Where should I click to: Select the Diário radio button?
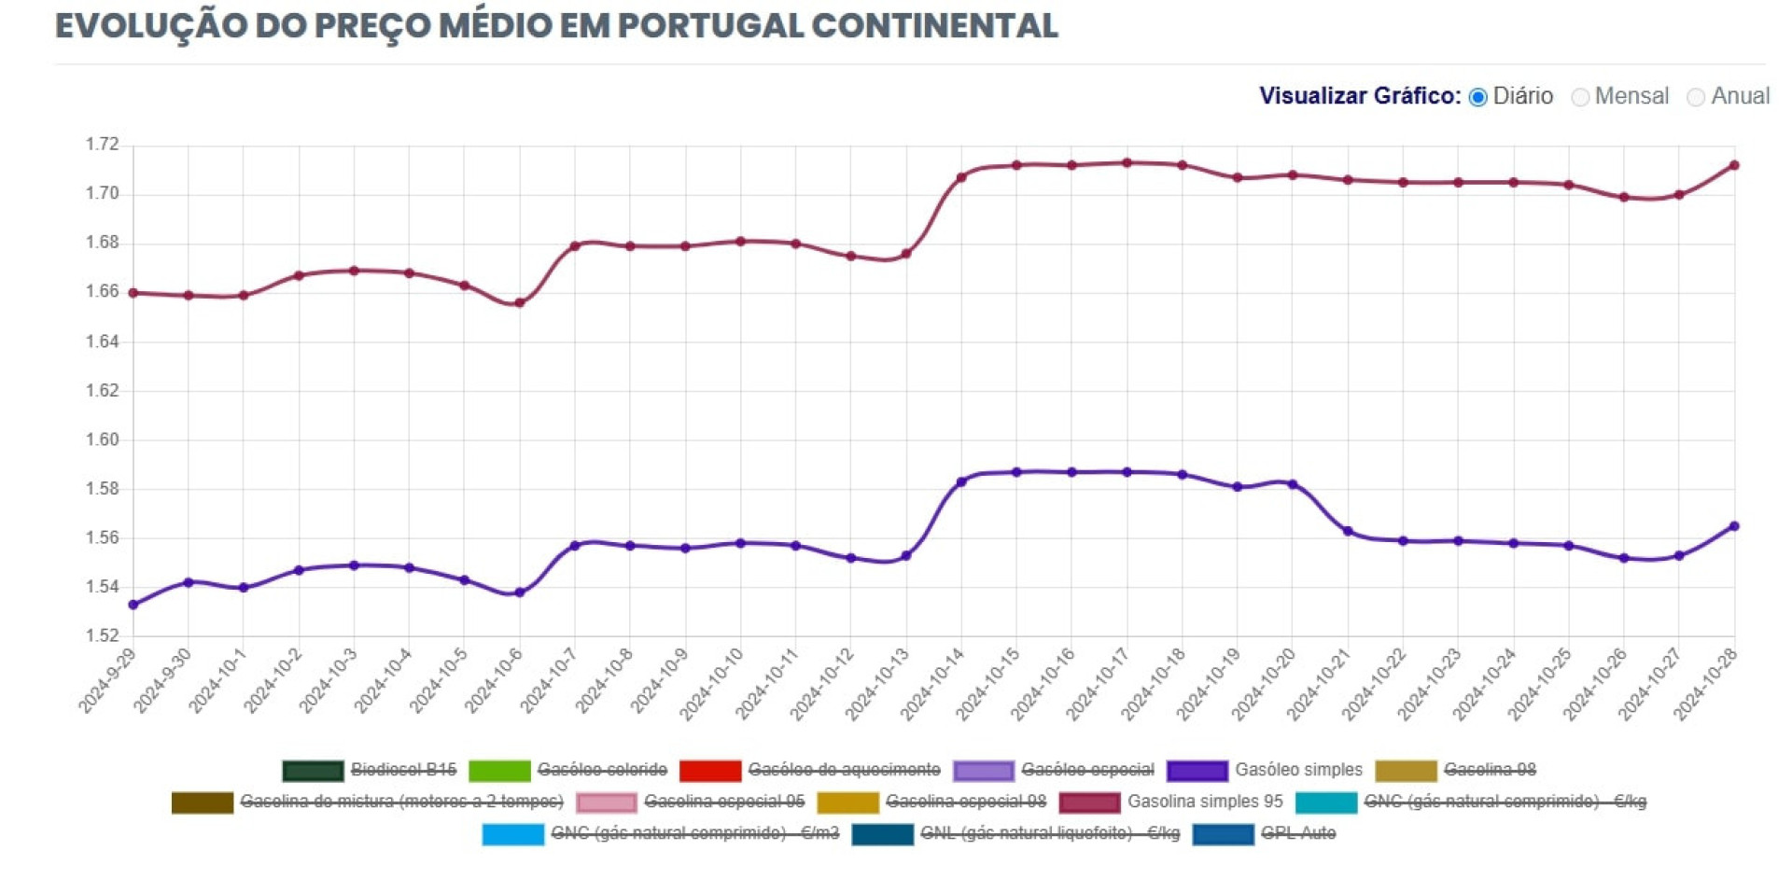pyautogui.click(x=1478, y=97)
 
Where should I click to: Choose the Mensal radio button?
pyautogui.click(x=1580, y=97)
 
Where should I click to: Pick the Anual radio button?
pyautogui.click(x=1696, y=97)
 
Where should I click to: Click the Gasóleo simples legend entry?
pyautogui.click(x=1297, y=770)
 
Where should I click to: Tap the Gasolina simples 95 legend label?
pyautogui.click(x=1204, y=801)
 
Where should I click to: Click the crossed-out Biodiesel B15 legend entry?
pyautogui.click(x=403, y=770)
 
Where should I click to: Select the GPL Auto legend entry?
pyautogui.click(x=1297, y=833)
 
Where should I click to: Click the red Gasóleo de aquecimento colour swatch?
pyautogui.click(x=710, y=771)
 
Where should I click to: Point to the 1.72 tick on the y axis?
pyautogui.click(x=103, y=145)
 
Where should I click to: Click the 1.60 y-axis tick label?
pyautogui.click(x=103, y=439)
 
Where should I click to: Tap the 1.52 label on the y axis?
pyautogui.click(x=103, y=636)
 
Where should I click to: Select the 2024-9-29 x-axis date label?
pyautogui.click(x=107, y=682)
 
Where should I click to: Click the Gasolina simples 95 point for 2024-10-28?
pyautogui.click(x=1734, y=165)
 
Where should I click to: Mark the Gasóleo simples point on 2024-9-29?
pyautogui.click(x=133, y=605)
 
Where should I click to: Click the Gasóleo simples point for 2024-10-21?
pyautogui.click(x=1348, y=531)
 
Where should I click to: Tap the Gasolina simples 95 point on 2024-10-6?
pyautogui.click(x=520, y=302)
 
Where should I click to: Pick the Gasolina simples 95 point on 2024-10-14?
pyautogui.click(x=961, y=177)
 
